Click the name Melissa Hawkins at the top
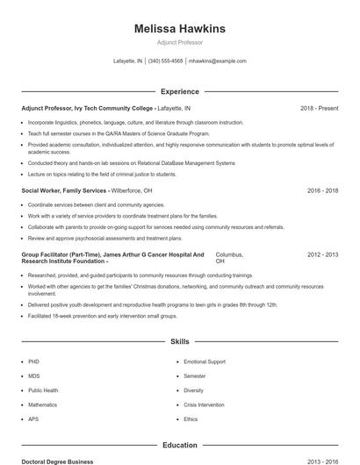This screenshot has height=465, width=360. (180, 29)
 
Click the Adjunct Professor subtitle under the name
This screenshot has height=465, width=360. (180, 41)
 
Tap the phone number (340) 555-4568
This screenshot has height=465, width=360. (165, 61)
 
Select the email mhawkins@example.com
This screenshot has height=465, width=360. (217, 61)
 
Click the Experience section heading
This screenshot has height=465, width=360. (180, 91)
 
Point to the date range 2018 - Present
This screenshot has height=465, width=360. (319, 108)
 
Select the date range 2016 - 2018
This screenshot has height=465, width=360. (322, 190)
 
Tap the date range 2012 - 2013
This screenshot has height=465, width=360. (322, 254)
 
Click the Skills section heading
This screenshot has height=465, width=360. (180, 340)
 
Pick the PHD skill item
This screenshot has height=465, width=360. (33, 361)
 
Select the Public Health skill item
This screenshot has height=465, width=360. (43, 390)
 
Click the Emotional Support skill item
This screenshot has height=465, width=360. (204, 361)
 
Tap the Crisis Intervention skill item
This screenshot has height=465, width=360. (205, 405)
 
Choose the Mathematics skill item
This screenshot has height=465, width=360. (42, 405)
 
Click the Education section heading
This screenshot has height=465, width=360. (180, 446)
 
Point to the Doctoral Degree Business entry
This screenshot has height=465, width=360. (57, 461)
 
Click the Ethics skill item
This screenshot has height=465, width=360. (191, 419)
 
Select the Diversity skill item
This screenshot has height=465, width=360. (193, 390)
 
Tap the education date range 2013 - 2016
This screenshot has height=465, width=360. (322, 461)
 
